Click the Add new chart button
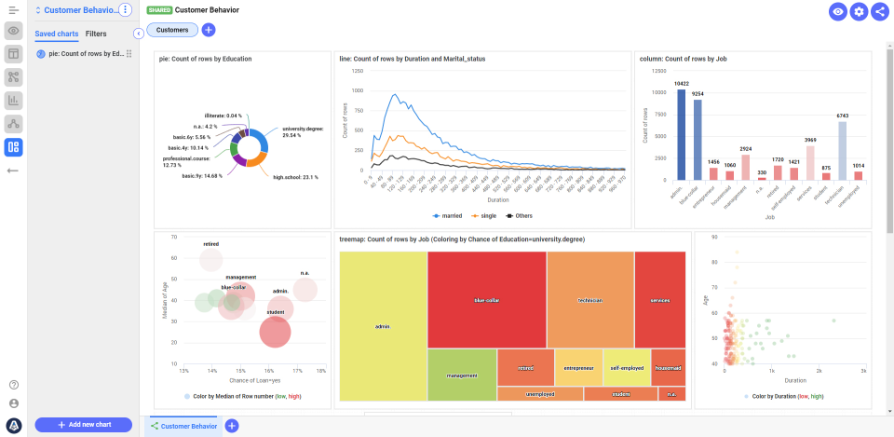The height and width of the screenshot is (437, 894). point(83,425)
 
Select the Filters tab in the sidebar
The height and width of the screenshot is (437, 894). point(96,34)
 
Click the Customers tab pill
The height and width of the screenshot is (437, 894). point(172,30)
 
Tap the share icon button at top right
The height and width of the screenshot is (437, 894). point(879,11)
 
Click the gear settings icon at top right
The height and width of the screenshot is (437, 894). point(859,11)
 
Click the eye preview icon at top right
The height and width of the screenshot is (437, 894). point(838,11)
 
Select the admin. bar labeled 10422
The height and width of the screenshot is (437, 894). point(682,134)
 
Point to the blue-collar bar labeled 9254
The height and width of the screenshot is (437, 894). point(698,140)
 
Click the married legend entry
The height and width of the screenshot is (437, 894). point(447,215)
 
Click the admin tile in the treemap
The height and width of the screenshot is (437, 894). point(383,327)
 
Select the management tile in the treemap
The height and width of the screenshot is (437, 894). point(462,376)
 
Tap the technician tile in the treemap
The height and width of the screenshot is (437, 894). point(590,300)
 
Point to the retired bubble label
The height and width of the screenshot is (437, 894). point(210,244)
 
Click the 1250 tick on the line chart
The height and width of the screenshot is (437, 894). point(357,71)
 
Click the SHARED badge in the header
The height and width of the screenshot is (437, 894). point(159,10)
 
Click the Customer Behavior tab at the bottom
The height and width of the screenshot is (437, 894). point(183,426)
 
